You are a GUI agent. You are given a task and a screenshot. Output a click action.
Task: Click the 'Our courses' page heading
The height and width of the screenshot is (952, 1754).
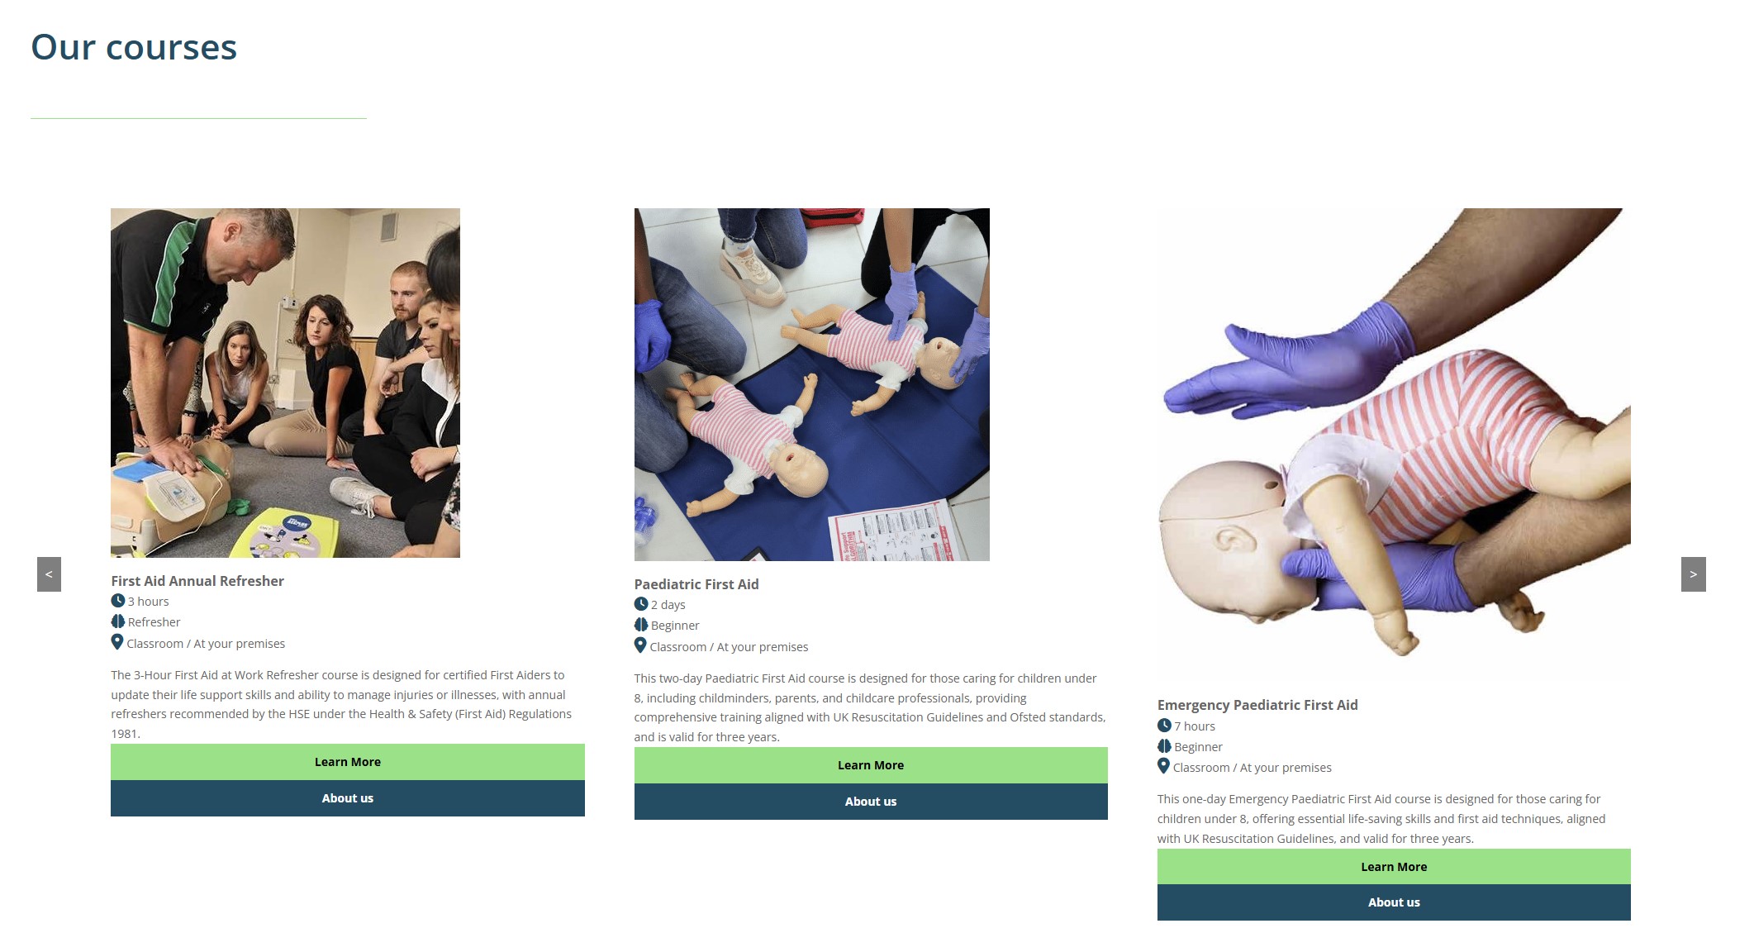pyautogui.click(x=134, y=48)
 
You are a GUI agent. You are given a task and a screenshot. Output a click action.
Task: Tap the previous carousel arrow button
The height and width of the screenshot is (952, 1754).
pyautogui.click(x=49, y=574)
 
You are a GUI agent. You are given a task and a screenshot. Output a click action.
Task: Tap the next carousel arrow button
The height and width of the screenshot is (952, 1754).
pyautogui.click(x=1693, y=574)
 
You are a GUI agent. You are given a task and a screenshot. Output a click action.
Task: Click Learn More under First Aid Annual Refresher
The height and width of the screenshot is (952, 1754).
pyautogui.click(x=348, y=762)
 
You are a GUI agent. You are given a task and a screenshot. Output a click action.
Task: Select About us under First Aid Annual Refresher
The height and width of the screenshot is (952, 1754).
pyautogui.click(x=348, y=798)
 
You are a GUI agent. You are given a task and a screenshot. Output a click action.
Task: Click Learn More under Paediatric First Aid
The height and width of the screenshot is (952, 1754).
pyautogui.click(x=871, y=765)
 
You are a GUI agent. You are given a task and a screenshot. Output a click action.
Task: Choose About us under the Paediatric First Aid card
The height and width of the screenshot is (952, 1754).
pyautogui.click(x=871, y=802)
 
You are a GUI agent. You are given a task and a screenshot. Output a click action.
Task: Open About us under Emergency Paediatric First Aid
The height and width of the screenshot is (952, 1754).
pyautogui.click(x=1394, y=902)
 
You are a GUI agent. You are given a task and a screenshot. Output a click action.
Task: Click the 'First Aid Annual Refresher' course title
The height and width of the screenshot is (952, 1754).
pyautogui.click(x=197, y=581)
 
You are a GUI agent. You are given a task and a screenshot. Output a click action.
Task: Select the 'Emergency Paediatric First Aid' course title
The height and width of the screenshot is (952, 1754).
pyautogui.click(x=1257, y=705)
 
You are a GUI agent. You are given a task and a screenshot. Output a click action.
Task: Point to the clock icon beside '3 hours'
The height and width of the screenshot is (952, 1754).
pyautogui.click(x=118, y=601)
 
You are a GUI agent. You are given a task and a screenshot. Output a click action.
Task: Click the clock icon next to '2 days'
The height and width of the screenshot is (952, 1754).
pyautogui.click(x=641, y=604)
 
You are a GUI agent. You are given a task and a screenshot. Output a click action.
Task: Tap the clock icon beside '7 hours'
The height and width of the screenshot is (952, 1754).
pyautogui.click(x=1164, y=726)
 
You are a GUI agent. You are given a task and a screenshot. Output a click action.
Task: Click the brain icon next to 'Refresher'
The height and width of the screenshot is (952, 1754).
pyautogui.click(x=118, y=621)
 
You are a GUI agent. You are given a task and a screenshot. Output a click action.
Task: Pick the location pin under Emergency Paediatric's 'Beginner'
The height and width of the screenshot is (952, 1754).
pyautogui.click(x=1163, y=766)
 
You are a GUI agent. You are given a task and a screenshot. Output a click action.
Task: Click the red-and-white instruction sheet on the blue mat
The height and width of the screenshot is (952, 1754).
pyautogui.click(x=892, y=529)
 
